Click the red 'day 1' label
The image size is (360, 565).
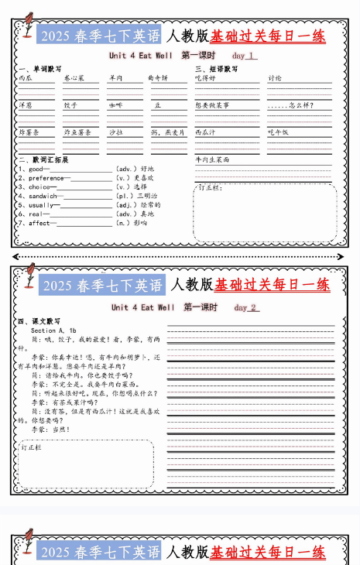(244, 56)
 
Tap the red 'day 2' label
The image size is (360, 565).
(245, 307)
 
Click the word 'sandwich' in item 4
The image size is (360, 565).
(43, 196)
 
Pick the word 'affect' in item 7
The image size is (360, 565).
(39, 223)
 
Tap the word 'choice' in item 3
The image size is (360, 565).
(39, 187)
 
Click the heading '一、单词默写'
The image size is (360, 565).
(39, 68)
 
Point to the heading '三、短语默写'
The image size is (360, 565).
(216, 68)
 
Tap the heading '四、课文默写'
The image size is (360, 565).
(38, 320)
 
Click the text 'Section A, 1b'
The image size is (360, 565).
(53, 330)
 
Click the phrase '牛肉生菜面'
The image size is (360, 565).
(212, 159)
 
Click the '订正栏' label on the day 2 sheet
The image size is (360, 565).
(31, 447)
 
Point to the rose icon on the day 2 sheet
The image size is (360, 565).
(29, 276)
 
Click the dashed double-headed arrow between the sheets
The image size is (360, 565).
(180, 256)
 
